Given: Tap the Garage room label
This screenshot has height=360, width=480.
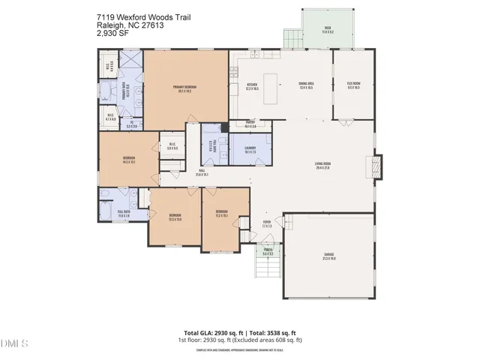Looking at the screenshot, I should coord(329,257).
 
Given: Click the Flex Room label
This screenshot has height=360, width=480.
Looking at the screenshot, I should coord(352,85).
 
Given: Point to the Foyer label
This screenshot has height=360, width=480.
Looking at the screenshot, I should coord(266,223).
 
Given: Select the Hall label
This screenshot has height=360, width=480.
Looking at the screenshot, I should coord(202,172).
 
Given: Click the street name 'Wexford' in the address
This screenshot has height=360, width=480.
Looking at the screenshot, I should coord(127,14).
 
